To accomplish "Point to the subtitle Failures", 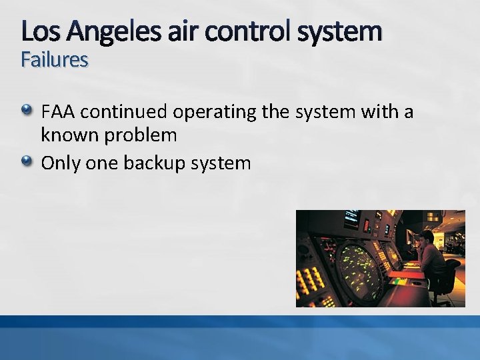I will tap(54, 60).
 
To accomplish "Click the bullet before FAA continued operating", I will tap(26, 111).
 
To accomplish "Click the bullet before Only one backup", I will tap(26, 161).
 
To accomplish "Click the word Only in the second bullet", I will tap(59, 163).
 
